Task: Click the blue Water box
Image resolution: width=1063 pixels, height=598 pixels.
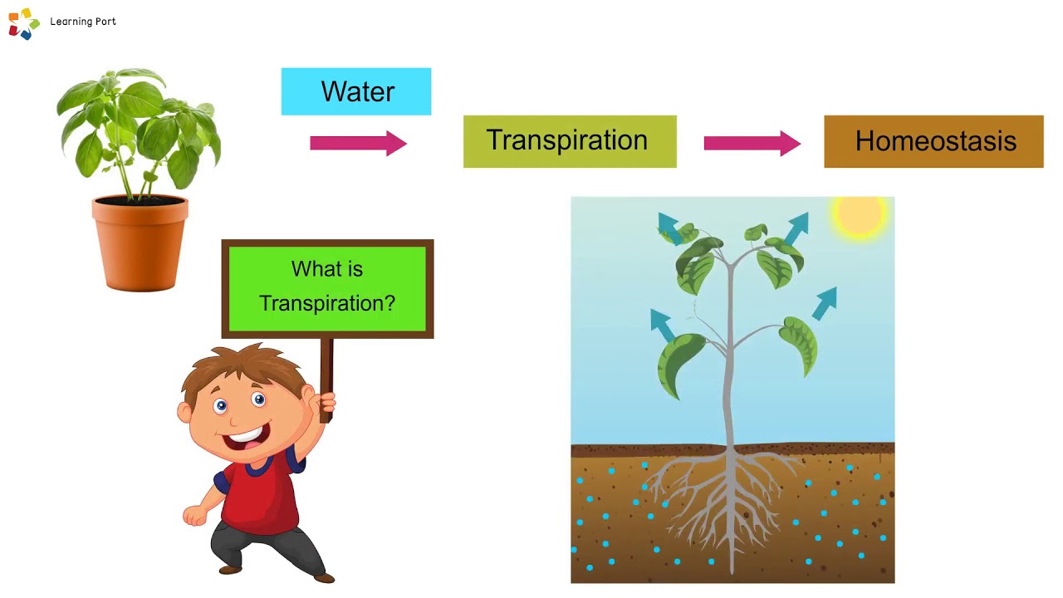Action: click(x=356, y=91)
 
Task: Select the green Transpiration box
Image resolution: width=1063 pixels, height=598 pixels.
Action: click(x=570, y=141)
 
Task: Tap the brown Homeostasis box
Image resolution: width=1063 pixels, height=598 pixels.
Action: click(x=933, y=141)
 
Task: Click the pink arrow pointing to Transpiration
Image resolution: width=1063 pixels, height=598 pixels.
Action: click(x=357, y=143)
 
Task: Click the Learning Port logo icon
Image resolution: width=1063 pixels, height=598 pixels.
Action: click(x=24, y=23)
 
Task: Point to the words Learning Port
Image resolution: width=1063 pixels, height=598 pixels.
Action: click(x=83, y=22)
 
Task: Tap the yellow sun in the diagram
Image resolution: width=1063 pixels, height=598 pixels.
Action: click(x=859, y=214)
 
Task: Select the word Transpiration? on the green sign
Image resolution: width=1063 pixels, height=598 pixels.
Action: click(x=327, y=303)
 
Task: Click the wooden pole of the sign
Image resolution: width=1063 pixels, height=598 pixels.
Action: click(x=326, y=365)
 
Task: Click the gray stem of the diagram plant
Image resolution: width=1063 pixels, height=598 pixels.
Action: click(x=730, y=374)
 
